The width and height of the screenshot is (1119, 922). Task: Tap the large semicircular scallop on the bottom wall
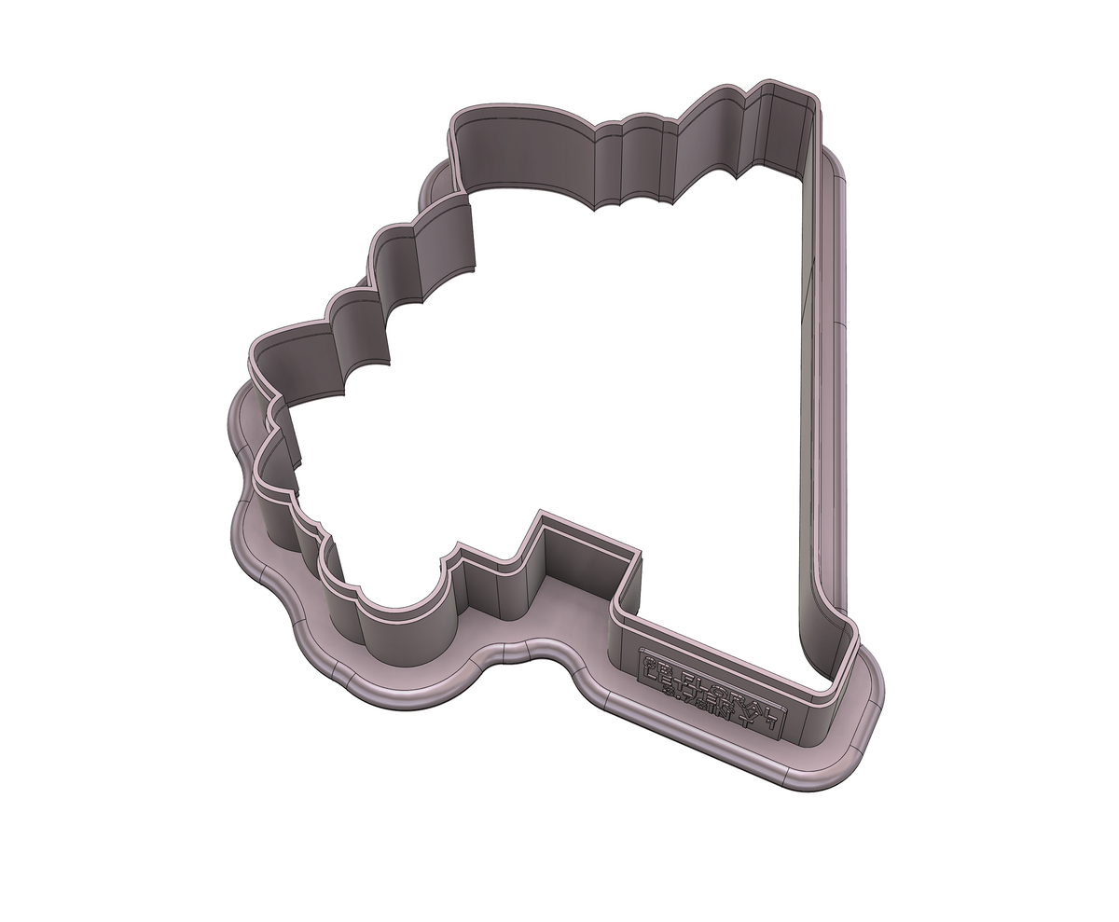401,606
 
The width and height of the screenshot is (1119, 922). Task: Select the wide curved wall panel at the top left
522,154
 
